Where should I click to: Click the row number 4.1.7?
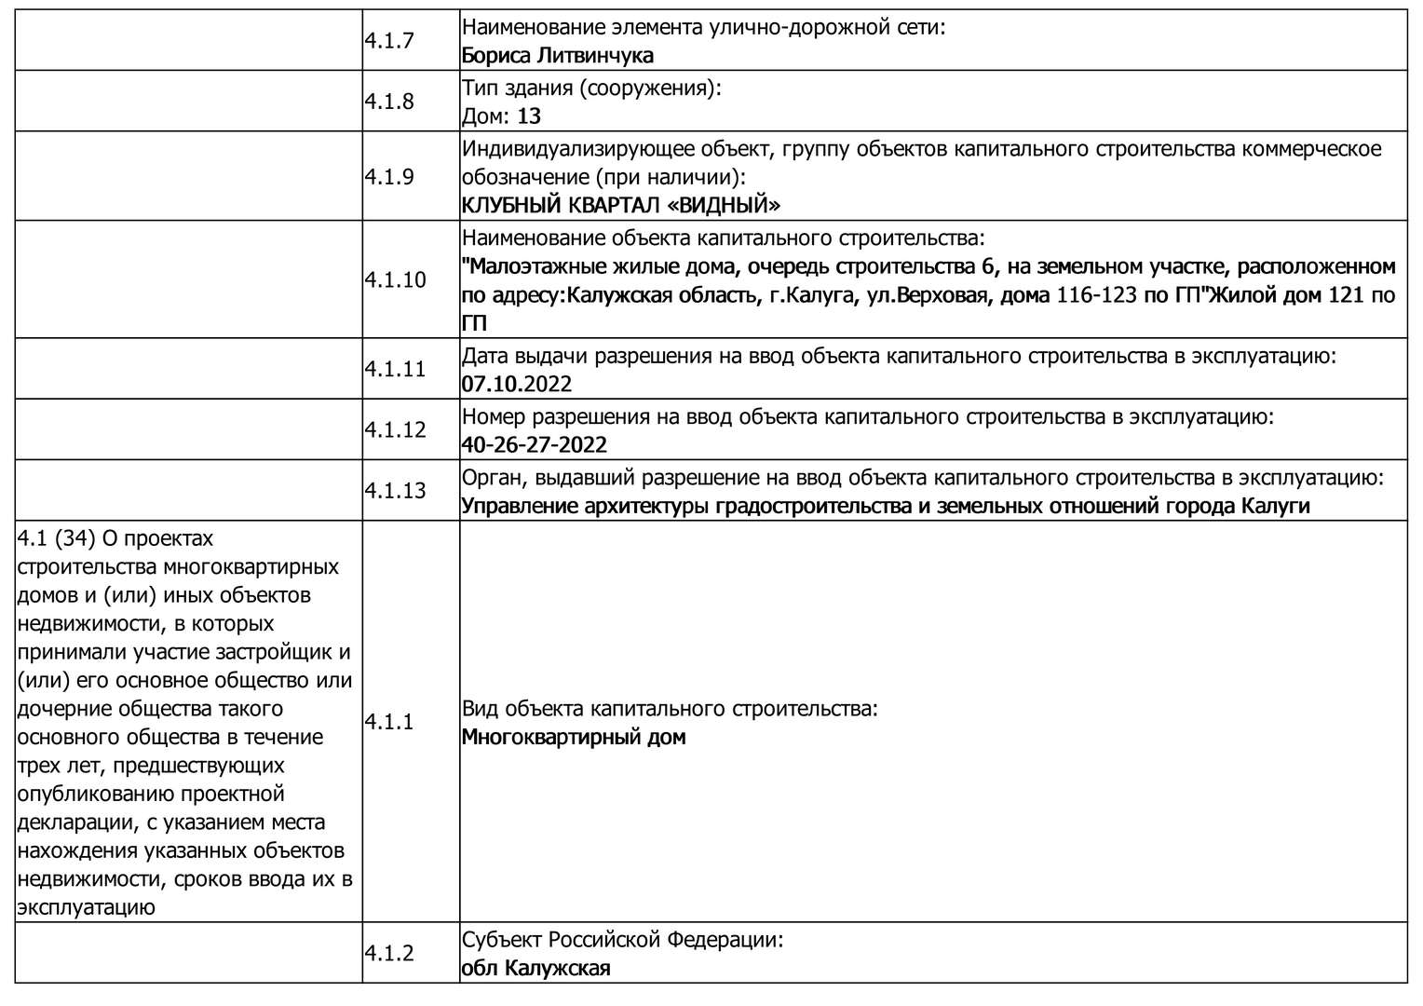point(388,41)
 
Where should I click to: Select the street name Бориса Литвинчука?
point(557,56)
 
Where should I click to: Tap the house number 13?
point(529,116)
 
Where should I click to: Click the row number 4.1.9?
point(388,177)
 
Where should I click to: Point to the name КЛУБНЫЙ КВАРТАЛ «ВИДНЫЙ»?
point(621,205)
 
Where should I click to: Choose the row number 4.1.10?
point(395,280)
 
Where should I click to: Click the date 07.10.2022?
point(517,385)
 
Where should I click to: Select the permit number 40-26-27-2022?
point(535,445)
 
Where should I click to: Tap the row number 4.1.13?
point(395,491)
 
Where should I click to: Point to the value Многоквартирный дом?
point(574,738)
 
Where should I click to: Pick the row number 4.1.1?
point(388,722)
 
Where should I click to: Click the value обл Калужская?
point(535,969)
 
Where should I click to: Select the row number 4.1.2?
point(388,954)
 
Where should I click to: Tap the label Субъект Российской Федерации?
point(622,940)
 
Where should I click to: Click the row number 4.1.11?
point(395,370)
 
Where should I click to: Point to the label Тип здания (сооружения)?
point(591,88)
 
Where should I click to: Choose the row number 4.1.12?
point(395,430)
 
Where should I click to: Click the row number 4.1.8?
point(388,102)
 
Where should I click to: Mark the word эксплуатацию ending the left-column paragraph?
point(86,907)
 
